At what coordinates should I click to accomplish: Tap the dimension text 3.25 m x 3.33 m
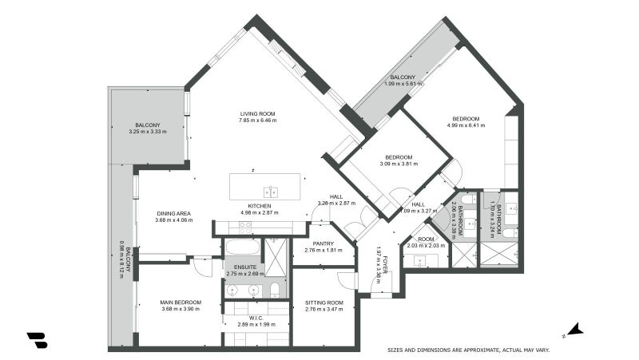[x=148, y=132]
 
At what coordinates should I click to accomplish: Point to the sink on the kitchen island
[x=272, y=191]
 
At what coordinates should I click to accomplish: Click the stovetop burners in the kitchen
[x=246, y=226]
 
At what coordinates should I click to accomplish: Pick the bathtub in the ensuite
[x=241, y=246]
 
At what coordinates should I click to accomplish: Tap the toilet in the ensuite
[x=273, y=289]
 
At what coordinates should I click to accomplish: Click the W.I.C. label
[x=256, y=317]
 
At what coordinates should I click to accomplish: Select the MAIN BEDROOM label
[x=181, y=302]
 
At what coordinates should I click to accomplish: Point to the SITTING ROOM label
[x=323, y=302]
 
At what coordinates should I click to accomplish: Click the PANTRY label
[x=323, y=243]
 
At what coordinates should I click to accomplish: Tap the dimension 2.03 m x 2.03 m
[x=425, y=246]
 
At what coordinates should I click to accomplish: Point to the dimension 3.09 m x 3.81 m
[x=398, y=164]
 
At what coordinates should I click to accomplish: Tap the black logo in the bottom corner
[x=37, y=339]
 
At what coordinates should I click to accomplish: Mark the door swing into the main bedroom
[x=204, y=266]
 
